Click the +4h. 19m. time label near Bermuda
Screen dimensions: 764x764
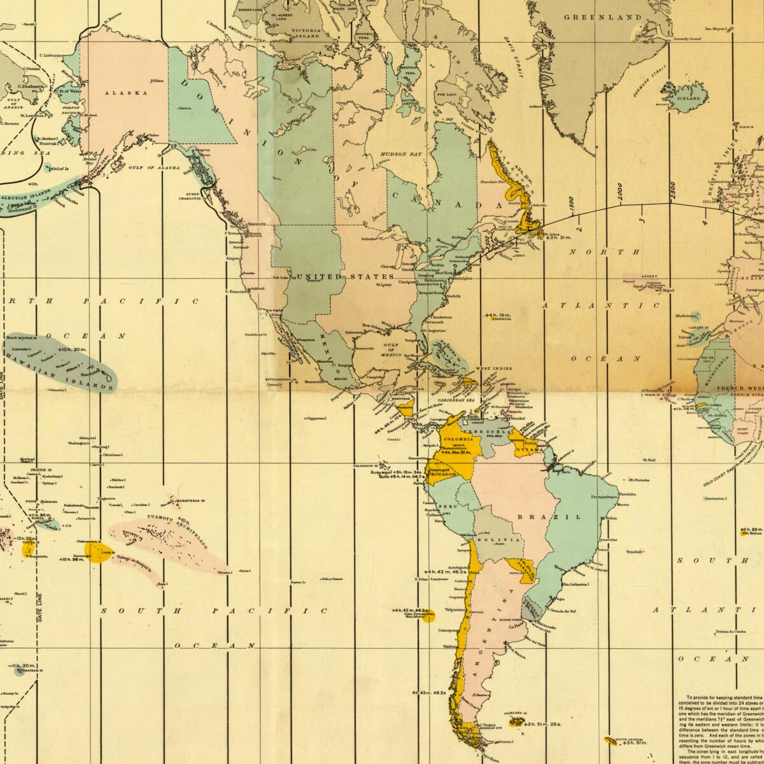498,315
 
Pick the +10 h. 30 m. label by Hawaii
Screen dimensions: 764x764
71,350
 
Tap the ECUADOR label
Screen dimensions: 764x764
443,474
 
